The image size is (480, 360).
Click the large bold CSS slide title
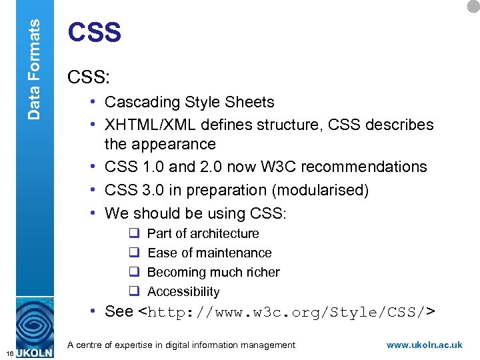(x=95, y=33)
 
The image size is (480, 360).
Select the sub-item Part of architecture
(x=203, y=233)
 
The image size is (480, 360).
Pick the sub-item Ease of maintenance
(x=209, y=253)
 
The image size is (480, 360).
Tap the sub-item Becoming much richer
(x=213, y=272)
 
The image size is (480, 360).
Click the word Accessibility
(x=183, y=291)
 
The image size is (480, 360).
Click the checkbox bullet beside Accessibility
(x=133, y=291)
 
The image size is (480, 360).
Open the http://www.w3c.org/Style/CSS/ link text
(x=287, y=312)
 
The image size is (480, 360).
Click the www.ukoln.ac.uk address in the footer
(x=424, y=345)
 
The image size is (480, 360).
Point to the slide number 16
(x=8, y=351)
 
